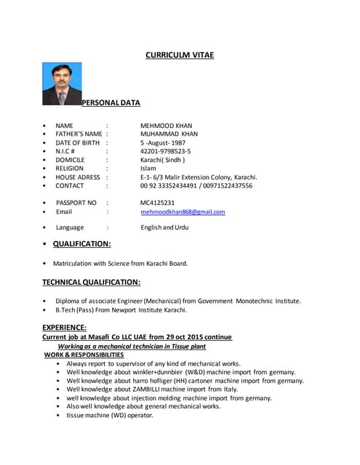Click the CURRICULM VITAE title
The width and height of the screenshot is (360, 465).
tap(180, 54)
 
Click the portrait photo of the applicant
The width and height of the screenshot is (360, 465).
tap(62, 84)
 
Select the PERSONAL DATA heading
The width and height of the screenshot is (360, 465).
tap(111, 102)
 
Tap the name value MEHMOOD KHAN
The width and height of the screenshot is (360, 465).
tap(166, 126)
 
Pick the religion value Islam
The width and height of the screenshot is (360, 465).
tap(148, 169)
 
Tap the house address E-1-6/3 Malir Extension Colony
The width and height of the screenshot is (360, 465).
tap(199, 177)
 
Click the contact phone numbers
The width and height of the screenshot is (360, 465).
tap(196, 185)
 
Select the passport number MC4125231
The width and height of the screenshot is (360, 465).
tap(158, 203)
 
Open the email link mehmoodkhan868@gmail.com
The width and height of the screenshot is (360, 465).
tap(183, 211)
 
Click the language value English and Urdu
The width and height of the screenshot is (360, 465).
tap(164, 227)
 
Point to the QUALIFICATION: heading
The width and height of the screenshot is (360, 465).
tap(81, 244)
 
